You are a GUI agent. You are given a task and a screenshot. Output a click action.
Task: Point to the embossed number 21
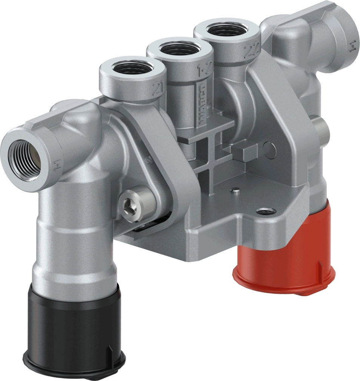(x=155, y=89)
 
